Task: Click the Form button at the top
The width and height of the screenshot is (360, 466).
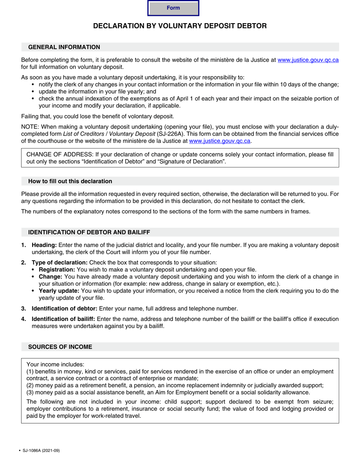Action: [x=173, y=8]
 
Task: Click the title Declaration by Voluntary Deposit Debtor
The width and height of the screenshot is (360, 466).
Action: [x=180, y=26]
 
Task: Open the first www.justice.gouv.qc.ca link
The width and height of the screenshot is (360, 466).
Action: [x=308, y=60]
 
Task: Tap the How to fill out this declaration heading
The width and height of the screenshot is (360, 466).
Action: [x=70, y=181]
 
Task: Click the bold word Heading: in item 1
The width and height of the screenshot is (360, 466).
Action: [x=44, y=245]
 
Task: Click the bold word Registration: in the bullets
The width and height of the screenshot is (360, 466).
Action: [x=57, y=270]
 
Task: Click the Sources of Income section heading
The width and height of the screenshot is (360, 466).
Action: [x=60, y=347]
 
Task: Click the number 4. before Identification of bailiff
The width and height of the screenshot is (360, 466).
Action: [x=24, y=319]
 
